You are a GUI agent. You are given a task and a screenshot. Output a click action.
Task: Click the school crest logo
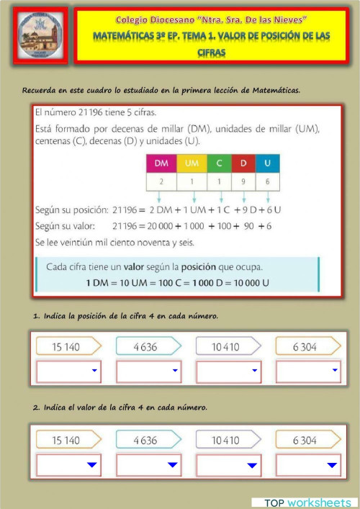point(40,36)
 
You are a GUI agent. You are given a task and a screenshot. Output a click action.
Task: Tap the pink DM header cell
point(161,164)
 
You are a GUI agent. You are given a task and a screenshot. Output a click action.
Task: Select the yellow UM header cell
point(191,164)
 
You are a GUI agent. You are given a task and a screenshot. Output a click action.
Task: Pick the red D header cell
point(244,164)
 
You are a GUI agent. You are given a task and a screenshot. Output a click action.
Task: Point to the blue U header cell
point(268,164)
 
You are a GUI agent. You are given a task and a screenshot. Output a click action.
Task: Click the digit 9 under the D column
point(244,183)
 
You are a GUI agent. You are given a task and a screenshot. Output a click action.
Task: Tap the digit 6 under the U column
point(268,183)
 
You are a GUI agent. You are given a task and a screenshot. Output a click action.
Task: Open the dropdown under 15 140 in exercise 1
point(68,371)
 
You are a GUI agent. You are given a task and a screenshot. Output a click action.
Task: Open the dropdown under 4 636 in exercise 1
point(148,371)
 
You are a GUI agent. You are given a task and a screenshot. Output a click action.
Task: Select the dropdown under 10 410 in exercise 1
point(228,371)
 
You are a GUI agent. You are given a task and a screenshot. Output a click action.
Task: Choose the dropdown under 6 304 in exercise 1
point(308,371)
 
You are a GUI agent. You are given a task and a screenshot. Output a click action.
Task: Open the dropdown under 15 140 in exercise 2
point(68,465)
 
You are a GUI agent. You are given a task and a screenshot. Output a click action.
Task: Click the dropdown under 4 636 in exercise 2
point(148,465)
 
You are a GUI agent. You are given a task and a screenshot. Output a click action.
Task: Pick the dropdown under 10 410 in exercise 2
point(228,465)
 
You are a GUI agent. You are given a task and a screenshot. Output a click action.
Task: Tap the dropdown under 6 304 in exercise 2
point(308,465)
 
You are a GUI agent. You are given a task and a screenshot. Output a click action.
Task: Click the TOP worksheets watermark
point(307,502)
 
